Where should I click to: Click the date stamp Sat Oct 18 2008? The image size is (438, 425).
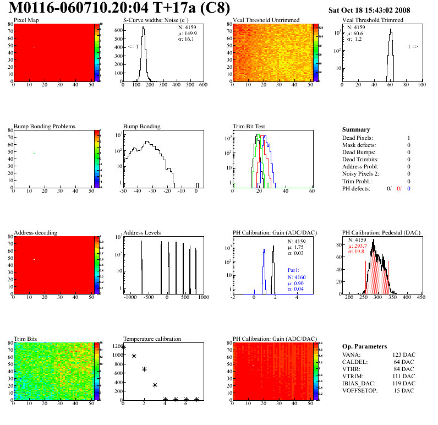click(377, 10)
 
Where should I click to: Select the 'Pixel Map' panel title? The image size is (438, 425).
click(26, 20)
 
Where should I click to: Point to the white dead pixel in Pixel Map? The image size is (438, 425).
click(34, 47)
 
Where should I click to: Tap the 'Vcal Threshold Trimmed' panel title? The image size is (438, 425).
click(373, 20)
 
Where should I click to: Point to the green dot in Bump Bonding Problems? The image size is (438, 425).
click(34, 153)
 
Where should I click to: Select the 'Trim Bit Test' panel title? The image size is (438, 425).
click(249, 126)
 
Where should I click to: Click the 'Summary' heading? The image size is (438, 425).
click(355, 130)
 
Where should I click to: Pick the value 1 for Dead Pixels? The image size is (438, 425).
click(409, 138)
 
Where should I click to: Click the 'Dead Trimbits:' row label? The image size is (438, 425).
click(362, 159)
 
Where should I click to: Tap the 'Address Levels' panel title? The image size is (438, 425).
click(142, 232)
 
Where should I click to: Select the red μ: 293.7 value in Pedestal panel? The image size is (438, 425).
click(359, 246)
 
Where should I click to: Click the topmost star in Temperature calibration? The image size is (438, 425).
click(124, 347)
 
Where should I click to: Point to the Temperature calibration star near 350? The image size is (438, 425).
click(155, 385)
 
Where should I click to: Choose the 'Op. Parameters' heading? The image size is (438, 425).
click(364, 346)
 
